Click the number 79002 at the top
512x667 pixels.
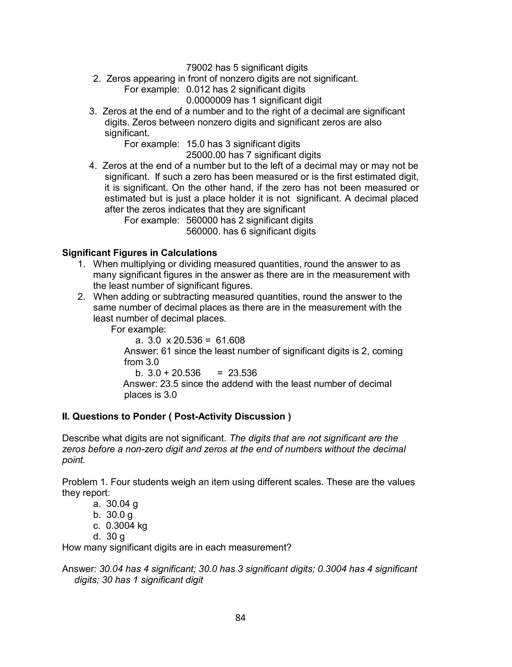tap(199, 68)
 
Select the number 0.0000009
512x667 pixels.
tap(208, 100)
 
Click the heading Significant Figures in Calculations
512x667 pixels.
tap(139, 253)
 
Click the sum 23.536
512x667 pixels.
tap(242, 373)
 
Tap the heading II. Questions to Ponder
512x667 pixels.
tap(176, 416)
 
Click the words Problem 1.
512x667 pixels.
tap(84, 482)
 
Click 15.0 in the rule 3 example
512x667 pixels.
tap(195, 144)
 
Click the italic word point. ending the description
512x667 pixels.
tap(73, 460)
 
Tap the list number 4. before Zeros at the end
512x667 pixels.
tap(93, 166)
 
